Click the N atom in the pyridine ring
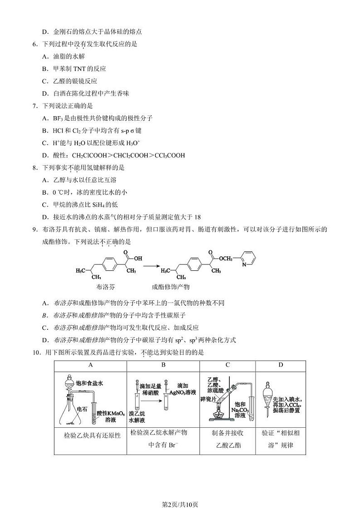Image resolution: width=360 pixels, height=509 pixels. (244, 264)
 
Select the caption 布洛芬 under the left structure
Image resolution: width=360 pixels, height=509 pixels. (106, 287)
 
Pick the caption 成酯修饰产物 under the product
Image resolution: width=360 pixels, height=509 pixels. (170, 287)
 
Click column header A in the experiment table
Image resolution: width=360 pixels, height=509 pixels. (90, 365)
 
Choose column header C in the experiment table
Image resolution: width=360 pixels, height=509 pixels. (227, 365)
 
